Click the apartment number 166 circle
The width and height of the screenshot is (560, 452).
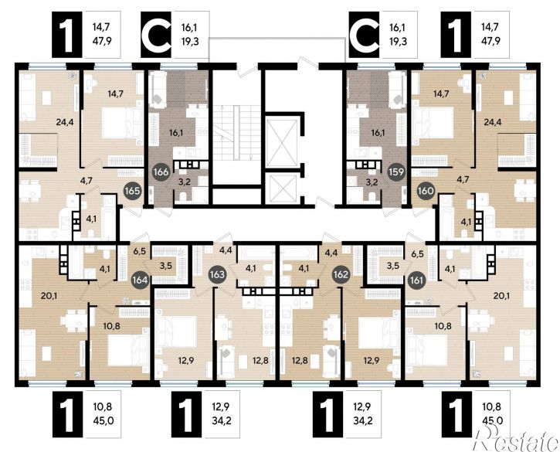click(x=161, y=172)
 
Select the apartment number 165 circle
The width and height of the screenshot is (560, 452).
click(x=133, y=191)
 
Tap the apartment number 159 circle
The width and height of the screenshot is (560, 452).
click(x=397, y=172)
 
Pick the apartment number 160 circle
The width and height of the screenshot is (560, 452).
click(x=426, y=191)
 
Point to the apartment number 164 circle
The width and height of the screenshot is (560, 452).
click(x=140, y=280)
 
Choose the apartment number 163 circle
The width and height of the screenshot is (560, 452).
click(x=218, y=274)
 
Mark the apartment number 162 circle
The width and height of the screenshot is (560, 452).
click(x=341, y=274)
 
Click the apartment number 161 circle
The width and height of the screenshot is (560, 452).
click(x=417, y=280)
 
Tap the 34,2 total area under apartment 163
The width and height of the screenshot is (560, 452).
click(x=222, y=420)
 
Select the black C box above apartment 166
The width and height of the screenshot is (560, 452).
click(x=156, y=34)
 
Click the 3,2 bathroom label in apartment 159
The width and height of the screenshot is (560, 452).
click(x=372, y=182)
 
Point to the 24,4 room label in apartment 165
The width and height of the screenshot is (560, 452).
click(x=65, y=122)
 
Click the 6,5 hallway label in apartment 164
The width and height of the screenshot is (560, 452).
click(x=139, y=251)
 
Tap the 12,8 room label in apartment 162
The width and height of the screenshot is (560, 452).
click(x=300, y=361)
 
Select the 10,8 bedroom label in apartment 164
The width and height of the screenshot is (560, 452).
click(x=111, y=326)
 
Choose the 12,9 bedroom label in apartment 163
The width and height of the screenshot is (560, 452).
click(x=186, y=361)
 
